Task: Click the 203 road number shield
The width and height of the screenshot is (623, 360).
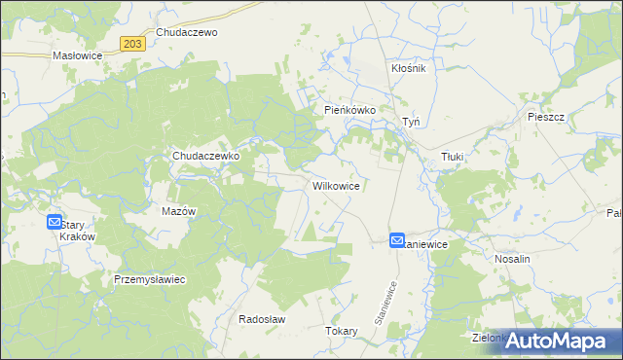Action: [134, 43]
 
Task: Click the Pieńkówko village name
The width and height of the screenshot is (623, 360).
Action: [350, 111]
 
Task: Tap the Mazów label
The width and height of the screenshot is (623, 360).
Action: [178, 211]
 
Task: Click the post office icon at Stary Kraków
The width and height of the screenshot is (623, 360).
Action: [55, 222]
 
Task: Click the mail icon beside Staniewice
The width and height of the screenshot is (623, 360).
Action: [397, 239]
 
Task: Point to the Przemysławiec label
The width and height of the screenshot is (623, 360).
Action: [150, 279]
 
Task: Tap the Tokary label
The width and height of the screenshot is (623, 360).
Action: [342, 331]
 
